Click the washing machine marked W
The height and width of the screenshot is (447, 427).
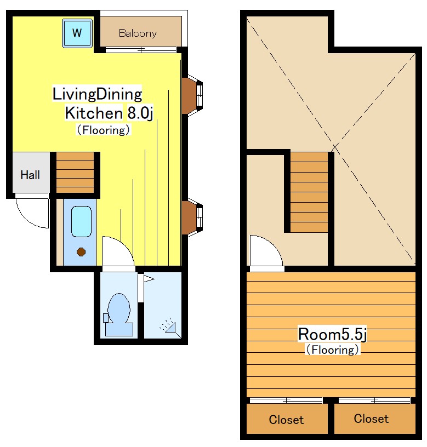pos(77,33)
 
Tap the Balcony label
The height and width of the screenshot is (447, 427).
pos(138,33)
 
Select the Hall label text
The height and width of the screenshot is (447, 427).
pos(30,175)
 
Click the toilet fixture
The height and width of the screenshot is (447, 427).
pos(118,314)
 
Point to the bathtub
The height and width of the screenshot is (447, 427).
pos(81,222)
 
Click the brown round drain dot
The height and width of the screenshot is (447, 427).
pos(81,252)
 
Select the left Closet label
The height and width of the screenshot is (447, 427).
pos(286,420)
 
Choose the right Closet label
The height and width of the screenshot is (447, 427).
pos(371,419)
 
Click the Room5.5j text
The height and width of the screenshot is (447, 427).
pos(332,334)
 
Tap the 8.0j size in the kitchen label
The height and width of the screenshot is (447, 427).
pos(140,113)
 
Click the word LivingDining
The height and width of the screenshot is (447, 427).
pos(97,94)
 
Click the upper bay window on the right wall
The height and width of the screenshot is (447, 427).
pos(192,96)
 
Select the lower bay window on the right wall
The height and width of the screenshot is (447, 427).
pos(192,218)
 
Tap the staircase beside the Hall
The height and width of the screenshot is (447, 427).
pos(75,173)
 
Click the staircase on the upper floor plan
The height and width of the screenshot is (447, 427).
pos(309,192)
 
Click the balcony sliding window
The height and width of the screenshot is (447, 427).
pos(141,50)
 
